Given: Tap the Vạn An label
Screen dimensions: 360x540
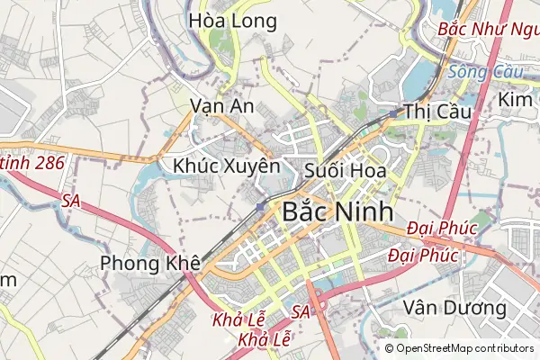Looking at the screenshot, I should (222, 106).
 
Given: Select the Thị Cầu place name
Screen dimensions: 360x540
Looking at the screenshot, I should (432, 112).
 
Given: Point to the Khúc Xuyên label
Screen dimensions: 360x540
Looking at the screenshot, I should (227, 166).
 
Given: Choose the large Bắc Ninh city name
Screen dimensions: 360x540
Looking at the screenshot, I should (337, 212).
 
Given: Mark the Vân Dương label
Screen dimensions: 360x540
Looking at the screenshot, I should (455, 308).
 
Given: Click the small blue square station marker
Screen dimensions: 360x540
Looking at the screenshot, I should (260, 208).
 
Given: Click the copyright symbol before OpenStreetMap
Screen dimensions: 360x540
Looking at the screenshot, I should (389, 348).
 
